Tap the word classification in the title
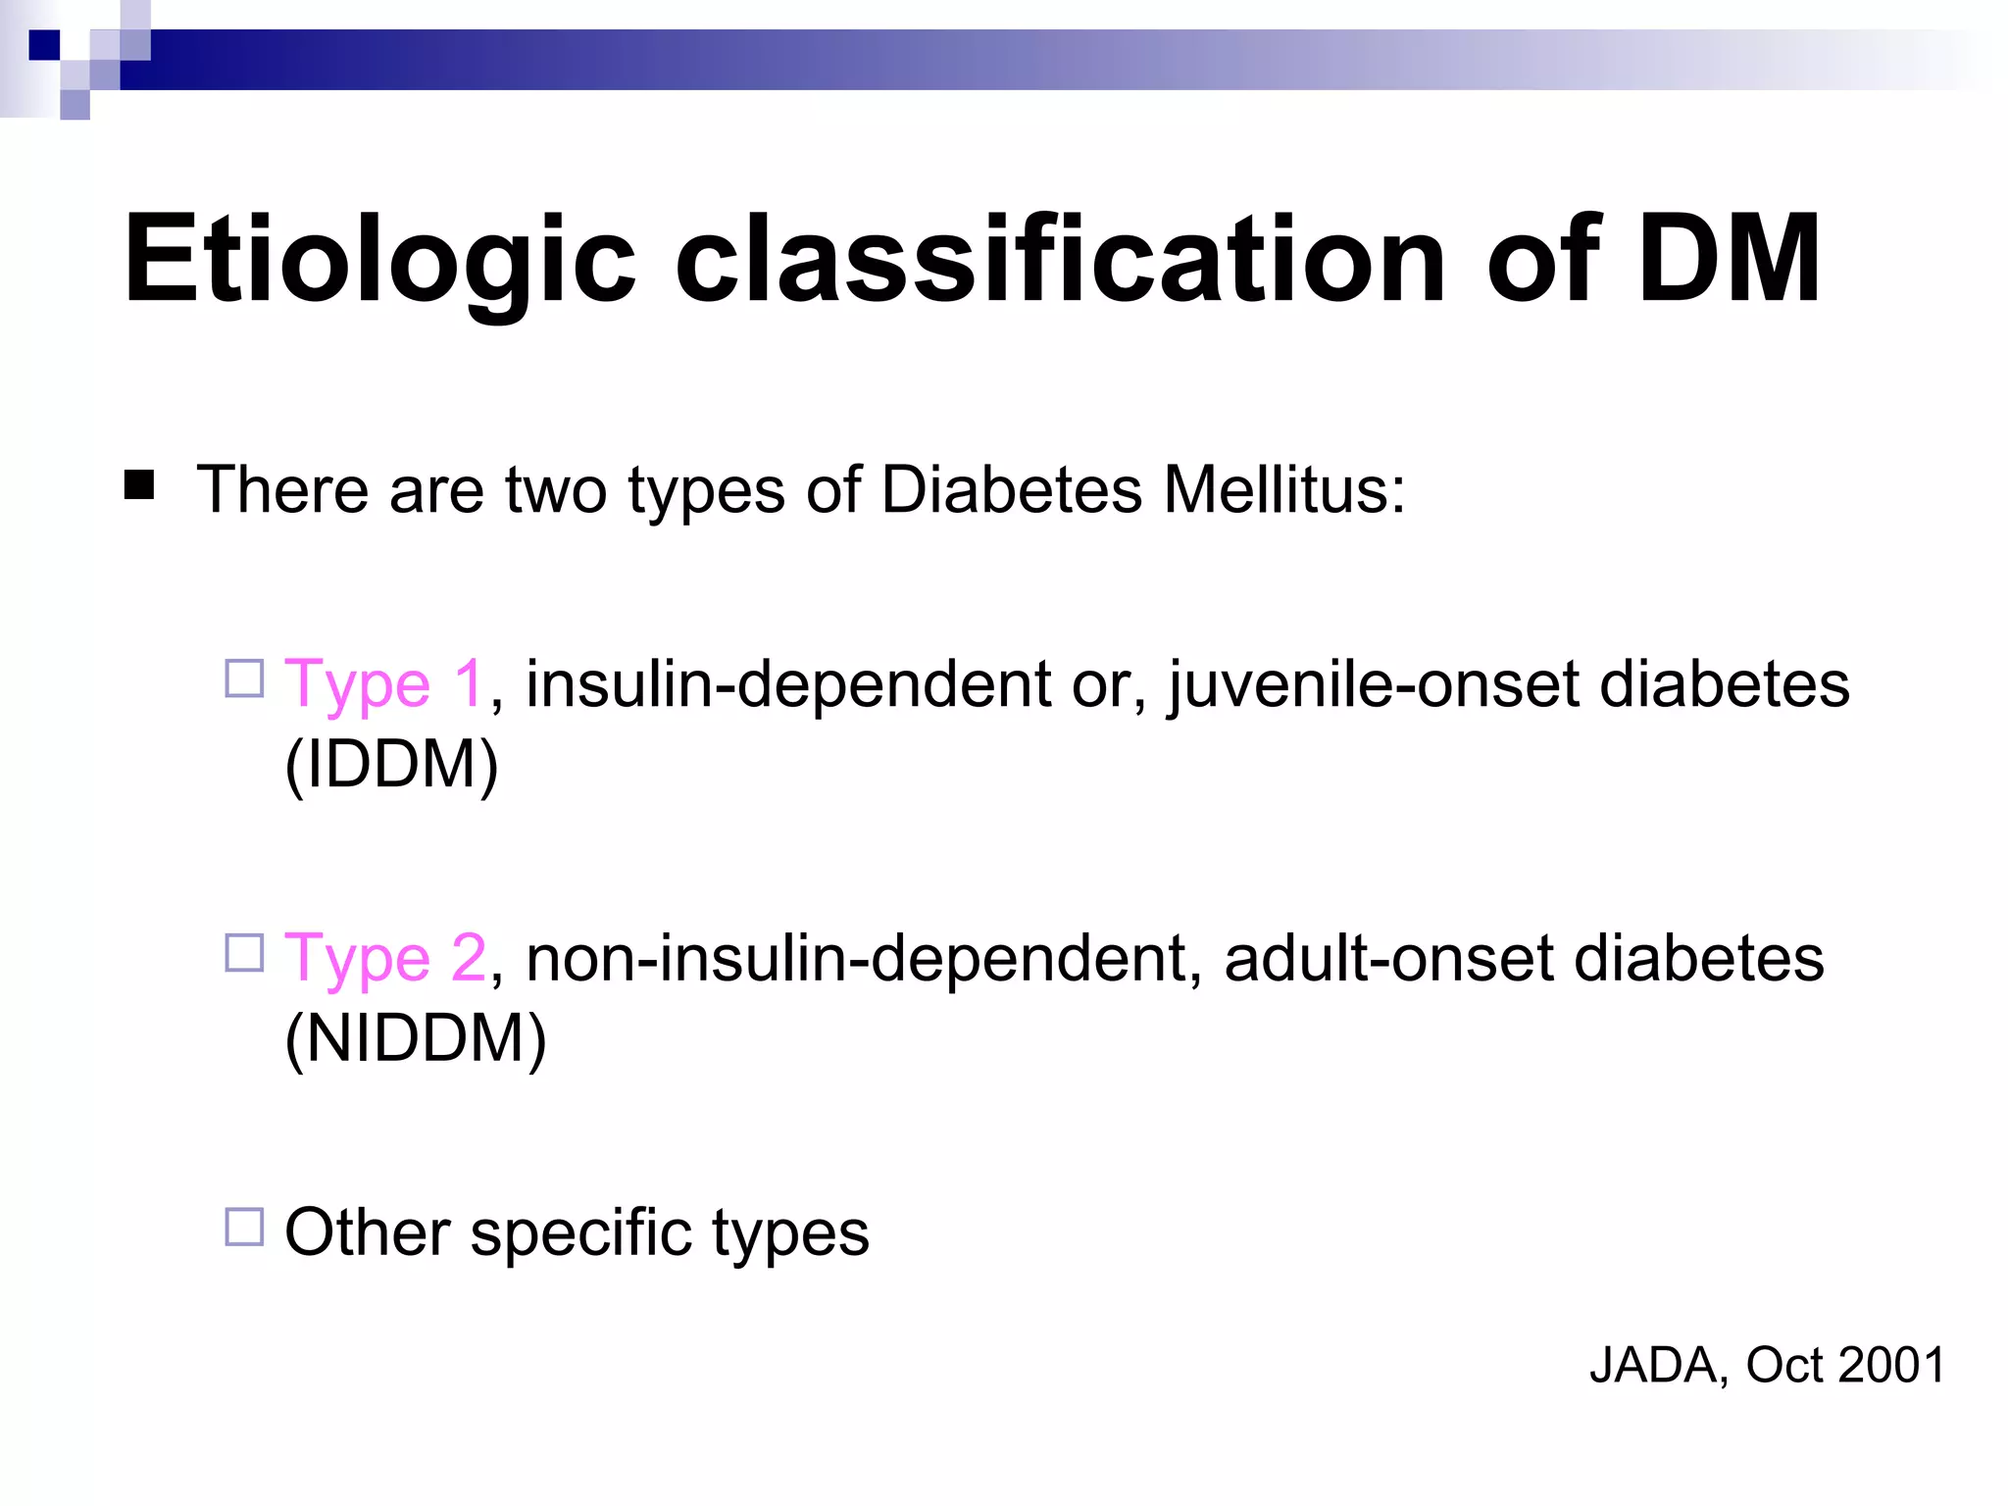pyautogui.click(x=1060, y=260)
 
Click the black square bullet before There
pyautogui.click(x=139, y=485)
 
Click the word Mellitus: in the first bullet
pyautogui.click(x=1284, y=489)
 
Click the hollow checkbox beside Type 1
pyautogui.click(x=245, y=678)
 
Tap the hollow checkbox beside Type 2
pyautogui.click(x=245, y=953)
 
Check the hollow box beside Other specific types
pyautogui.click(x=245, y=1227)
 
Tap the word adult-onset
pyautogui.click(x=1388, y=958)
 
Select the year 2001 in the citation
pyautogui.click(x=1893, y=1365)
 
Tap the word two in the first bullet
pyautogui.click(x=556, y=489)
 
